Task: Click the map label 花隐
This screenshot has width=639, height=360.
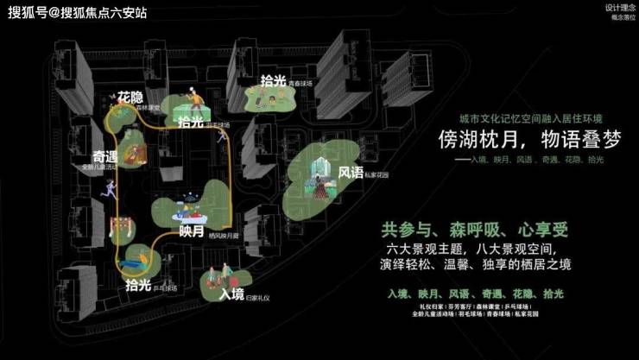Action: [131, 96]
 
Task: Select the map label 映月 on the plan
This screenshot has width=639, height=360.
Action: [192, 231]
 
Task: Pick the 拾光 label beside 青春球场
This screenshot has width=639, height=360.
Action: [273, 81]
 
